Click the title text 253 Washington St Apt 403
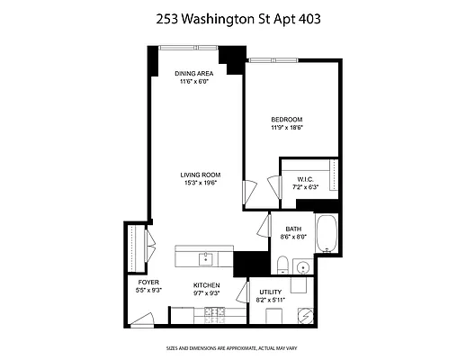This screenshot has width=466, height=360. pos(232,17)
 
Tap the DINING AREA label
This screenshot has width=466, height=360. pos(193,74)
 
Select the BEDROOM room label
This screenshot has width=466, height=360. pos(286,120)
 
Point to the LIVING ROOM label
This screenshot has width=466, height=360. pos(200,175)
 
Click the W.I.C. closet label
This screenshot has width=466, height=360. pos(304,180)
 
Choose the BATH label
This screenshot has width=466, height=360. pos(293,229)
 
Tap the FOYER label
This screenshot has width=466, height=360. pos(136,282)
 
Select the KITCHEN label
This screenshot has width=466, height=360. pos(207,285)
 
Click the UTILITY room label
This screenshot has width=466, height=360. pos(271,292)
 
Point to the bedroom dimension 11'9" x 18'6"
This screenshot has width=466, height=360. pos(286,128)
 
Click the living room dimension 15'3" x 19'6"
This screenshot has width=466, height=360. pos(200,184)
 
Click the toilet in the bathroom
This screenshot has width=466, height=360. pos(282,264)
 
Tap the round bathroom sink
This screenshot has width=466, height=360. pos(303,267)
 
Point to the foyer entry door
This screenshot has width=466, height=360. pos(140,317)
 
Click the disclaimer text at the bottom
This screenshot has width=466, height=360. pos(232,347)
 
